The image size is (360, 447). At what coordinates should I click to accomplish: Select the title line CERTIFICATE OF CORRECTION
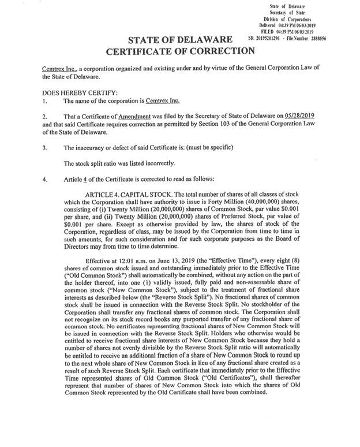pos(180,50)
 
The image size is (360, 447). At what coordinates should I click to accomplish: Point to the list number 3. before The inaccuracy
pos(46,147)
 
